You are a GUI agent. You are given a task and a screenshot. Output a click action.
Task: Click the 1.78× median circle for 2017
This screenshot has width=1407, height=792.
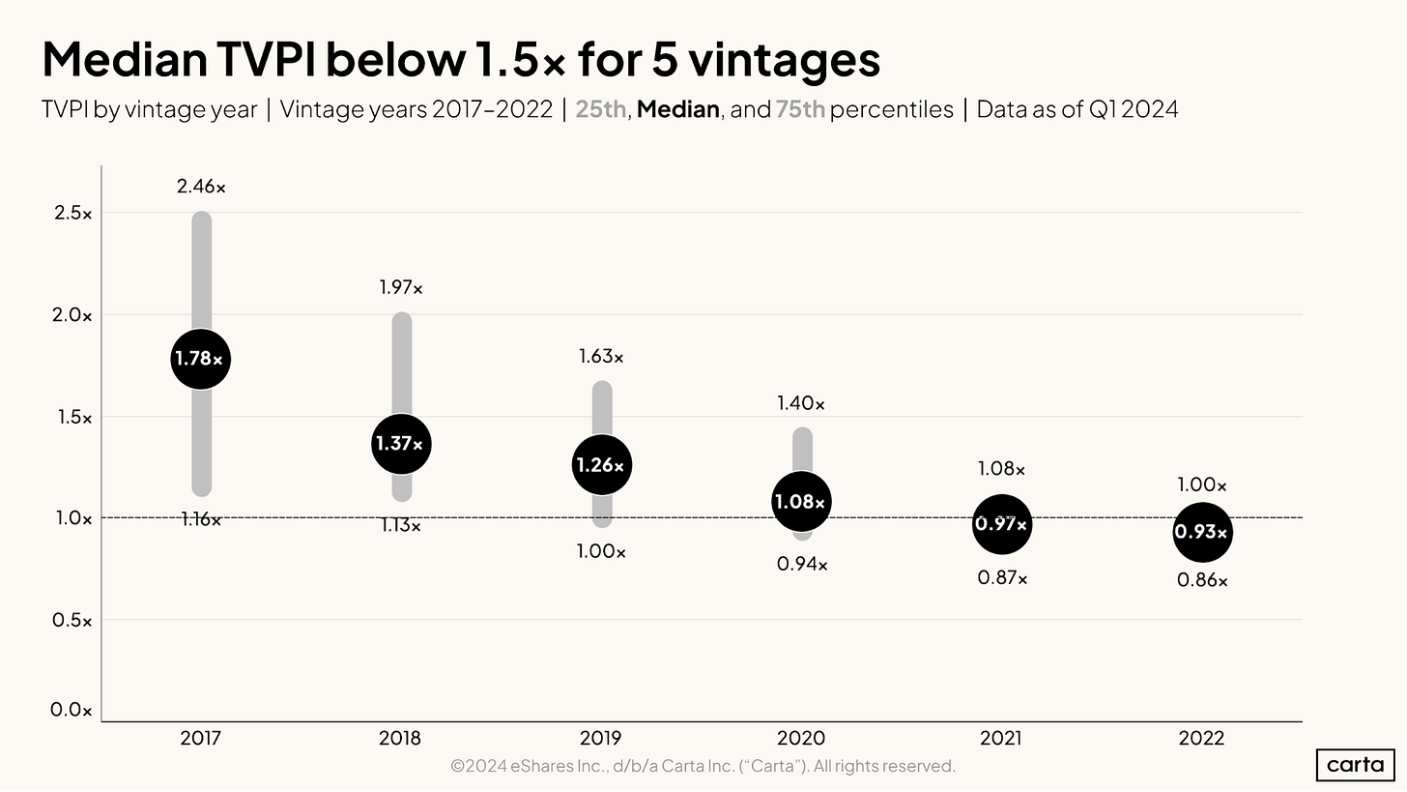(200, 359)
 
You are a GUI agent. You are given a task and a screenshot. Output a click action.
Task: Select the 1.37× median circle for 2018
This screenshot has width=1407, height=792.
(400, 444)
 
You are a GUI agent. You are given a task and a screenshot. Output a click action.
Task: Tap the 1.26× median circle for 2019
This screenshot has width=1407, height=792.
(601, 465)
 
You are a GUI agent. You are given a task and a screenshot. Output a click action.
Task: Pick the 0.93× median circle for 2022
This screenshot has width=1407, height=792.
(1202, 532)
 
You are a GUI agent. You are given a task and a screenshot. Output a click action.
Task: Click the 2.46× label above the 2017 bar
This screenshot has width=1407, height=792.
(201, 186)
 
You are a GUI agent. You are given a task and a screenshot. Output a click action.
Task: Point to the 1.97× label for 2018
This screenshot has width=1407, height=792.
(400, 287)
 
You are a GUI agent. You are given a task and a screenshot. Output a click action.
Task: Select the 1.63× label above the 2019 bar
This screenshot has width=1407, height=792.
(601, 357)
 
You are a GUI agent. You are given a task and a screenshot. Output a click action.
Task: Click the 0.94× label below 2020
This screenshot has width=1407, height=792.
(802, 564)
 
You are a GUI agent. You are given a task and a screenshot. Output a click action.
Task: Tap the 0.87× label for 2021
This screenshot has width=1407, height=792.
(1002, 578)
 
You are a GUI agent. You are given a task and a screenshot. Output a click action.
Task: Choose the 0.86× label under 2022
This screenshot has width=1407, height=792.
(1202, 581)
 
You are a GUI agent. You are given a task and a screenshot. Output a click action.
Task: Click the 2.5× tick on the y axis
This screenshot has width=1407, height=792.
(72, 213)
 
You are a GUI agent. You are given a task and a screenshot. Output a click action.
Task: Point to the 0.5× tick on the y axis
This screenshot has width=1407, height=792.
(72, 620)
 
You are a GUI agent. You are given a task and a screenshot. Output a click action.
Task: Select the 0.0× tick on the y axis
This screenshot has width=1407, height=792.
(72, 711)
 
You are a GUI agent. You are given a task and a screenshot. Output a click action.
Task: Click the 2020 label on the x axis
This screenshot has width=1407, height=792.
(801, 739)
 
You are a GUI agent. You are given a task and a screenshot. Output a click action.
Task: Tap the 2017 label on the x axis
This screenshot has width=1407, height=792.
(200, 739)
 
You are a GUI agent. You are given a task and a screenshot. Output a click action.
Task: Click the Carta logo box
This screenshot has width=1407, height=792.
(1355, 764)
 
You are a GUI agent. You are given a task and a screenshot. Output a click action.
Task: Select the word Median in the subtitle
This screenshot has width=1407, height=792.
(677, 109)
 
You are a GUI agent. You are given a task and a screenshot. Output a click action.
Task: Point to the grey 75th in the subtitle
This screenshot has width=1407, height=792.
(799, 109)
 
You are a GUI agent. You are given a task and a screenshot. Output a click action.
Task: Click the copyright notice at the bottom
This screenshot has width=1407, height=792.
(703, 766)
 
